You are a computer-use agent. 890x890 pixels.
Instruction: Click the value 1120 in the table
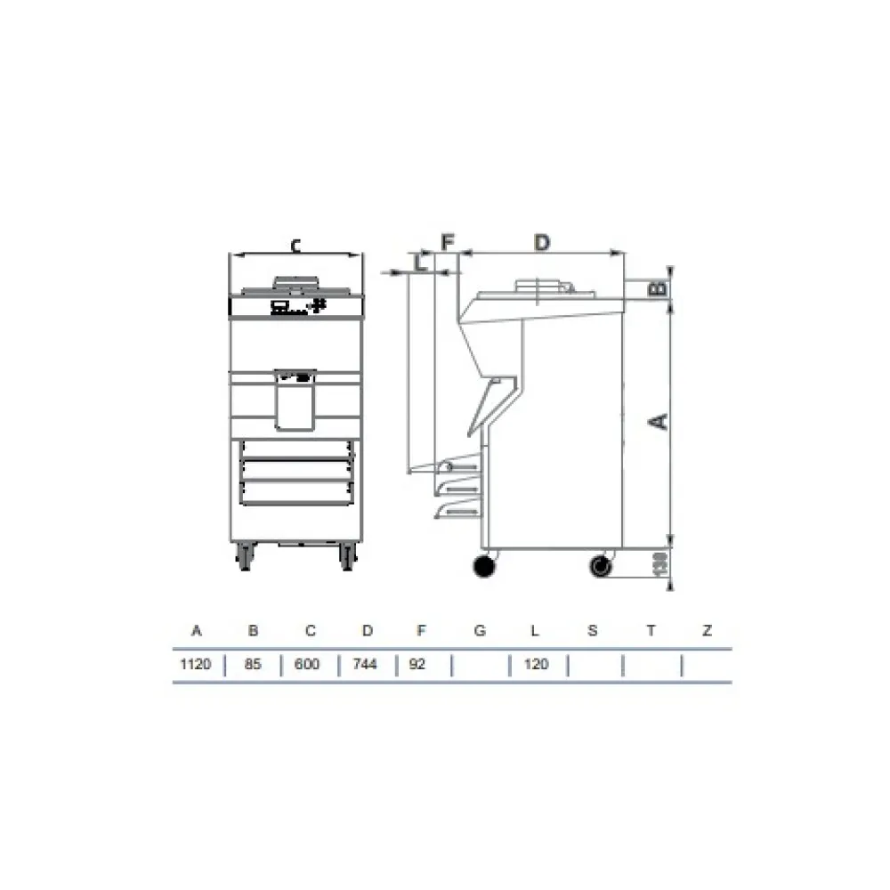coord(196,664)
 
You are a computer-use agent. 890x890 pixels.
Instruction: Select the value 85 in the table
coord(253,664)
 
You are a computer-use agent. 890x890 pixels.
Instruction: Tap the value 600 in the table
coord(310,664)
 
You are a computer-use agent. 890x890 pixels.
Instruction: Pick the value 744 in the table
coord(367,664)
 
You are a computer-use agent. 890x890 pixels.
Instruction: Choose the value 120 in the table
coord(536,664)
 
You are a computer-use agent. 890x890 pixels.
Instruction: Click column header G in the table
coord(480,631)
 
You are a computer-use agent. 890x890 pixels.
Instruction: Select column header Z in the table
coord(707,631)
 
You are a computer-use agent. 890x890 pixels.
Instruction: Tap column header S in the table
coord(593,631)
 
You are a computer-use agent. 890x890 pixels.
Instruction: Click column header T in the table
coord(651,631)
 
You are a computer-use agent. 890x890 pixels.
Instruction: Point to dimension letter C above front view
coord(296,246)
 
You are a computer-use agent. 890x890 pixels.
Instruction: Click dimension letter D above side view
coord(542,241)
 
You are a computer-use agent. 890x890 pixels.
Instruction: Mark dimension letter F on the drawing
coord(448,241)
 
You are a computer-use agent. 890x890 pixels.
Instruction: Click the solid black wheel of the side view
coord(485,567)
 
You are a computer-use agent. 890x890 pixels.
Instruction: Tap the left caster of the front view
coord(244,557)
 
